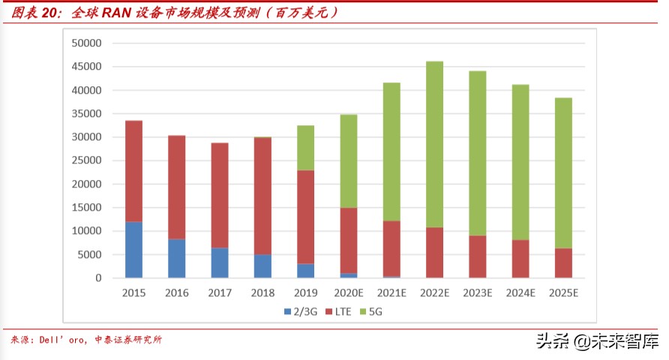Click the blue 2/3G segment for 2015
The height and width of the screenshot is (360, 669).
pos(133,250)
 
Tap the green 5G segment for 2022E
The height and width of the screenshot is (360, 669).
pos(434,144)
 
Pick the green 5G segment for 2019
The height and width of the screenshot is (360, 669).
pos(305,148)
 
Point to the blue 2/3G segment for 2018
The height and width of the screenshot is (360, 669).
pos(262,266)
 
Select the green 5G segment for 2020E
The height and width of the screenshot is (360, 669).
pos(348,161)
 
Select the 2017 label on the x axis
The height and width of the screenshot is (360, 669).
pos(220,293)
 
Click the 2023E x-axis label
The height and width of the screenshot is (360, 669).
pos(477,293)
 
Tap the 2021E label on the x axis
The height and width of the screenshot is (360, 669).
pos(391,293)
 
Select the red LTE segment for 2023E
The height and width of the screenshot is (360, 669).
pos(477,256)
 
